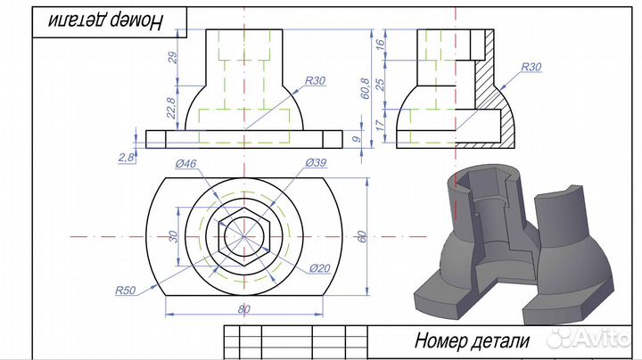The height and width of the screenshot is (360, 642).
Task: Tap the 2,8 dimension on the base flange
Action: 125,157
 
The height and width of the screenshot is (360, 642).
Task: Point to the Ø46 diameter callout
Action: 185,163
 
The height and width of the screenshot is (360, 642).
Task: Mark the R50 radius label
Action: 125,290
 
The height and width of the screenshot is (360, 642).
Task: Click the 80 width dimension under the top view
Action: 244,308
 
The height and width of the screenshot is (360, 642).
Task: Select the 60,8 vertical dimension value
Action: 366,88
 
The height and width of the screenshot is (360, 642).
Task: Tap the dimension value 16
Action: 381,44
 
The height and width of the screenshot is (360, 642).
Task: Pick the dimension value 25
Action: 381,85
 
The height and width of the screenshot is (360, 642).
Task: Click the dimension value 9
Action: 381,139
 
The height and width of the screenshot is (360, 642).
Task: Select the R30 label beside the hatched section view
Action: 531,67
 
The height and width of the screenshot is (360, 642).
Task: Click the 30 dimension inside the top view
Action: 174,236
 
